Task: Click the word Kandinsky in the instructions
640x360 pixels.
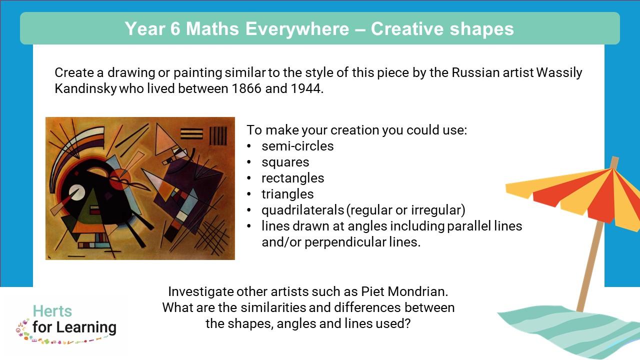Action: pos(85,89)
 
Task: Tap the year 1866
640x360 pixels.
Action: pos(246,88)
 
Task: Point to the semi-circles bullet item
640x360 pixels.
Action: pos(297,146)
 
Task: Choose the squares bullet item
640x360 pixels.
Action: pos(285,162)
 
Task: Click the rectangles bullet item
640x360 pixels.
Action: pos(293,178)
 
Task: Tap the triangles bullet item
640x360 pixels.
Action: pos(287,194)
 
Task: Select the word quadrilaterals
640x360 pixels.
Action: pos(302,210)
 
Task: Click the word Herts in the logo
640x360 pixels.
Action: pos(52,311)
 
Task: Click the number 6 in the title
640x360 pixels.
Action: pos(175,29)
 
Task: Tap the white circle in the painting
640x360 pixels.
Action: pos(77,192)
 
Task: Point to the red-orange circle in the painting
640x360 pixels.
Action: pos(120,179)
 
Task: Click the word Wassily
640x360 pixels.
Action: pos(559,73)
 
